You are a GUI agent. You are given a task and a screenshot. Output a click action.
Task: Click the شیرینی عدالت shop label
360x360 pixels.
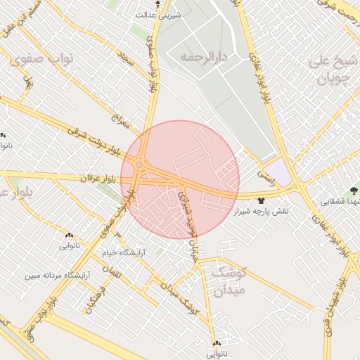[159, 13]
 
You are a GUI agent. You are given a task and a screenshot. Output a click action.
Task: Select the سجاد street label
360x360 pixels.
[127, 64]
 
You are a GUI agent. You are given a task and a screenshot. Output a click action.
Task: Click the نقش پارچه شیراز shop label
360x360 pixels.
[263, 211]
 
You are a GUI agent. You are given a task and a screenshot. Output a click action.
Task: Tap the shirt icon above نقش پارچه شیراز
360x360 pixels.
[264, 200]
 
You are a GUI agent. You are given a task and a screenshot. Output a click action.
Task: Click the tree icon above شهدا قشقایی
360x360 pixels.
[354, 189]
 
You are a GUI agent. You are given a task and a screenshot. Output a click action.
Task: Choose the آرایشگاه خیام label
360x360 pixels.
[123, 251]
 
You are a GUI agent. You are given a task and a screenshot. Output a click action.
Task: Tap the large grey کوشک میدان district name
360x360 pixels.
[227, 282]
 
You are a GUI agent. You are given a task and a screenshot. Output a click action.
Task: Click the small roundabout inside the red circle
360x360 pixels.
[139, 165]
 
